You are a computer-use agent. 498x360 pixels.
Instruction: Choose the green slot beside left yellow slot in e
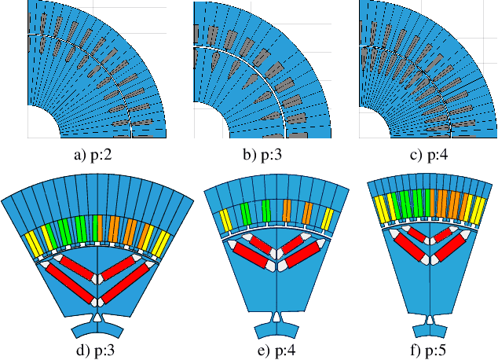pos(244,212)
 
